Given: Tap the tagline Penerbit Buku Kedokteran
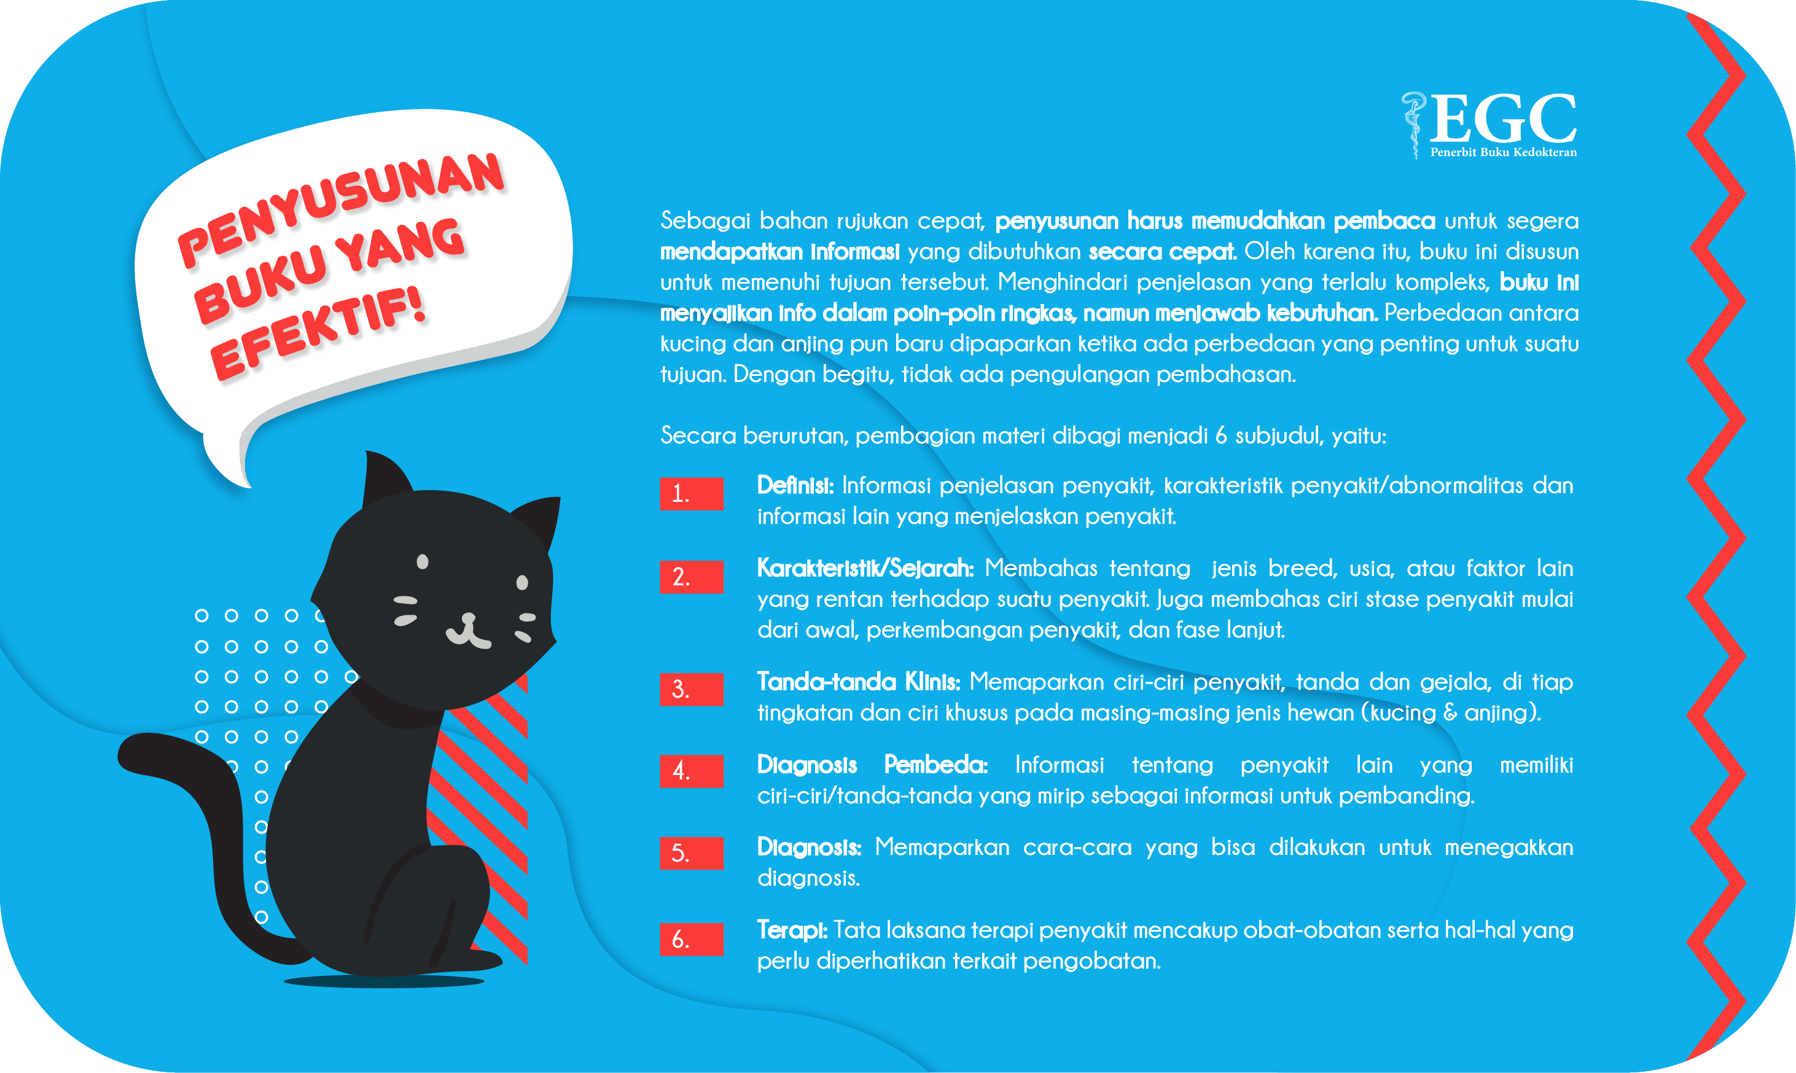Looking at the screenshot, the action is [x=1503, y=152].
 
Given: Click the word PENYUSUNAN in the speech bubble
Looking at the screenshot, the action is [x=340, y=209].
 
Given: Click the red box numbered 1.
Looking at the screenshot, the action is [x=691, y=493].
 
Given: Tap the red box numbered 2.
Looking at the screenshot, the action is [x=691, y=577].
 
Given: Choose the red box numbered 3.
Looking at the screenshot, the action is [x=691, y=689].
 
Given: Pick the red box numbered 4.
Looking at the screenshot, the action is [x=691, y=771].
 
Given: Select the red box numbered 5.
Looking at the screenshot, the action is [x=691, y=853].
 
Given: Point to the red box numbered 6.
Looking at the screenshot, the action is [x=691, y=939].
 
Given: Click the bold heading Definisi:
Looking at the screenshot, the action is [x=795, y=485].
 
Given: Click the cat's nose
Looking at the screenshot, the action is [x=469, y=619].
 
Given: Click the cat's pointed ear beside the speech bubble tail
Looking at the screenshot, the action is [x=385, y=477].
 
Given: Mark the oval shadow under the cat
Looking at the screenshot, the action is [x=384, y=981].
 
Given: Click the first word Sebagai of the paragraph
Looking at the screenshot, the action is [x=705, y=221].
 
